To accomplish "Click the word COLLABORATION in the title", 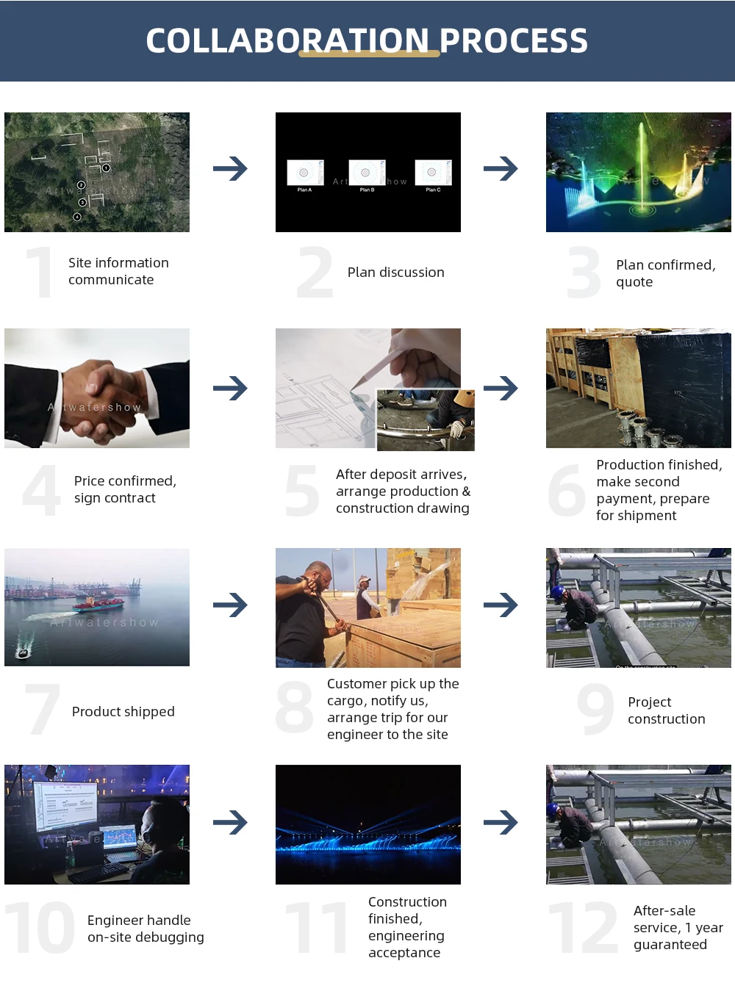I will click(287, 41).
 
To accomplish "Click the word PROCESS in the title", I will click(514, 41).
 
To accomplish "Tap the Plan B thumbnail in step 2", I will click(367, 173).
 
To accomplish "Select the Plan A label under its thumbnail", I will click(304, 190).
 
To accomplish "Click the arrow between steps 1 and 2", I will click(230, 169).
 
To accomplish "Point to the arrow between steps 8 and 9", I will click(501, 605).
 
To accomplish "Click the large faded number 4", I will click(41, 490).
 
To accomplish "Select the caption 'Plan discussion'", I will click(395, 273).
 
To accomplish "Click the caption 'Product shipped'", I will click(123, 712).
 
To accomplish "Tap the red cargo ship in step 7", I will click(98, 604).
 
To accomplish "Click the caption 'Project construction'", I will click(666, 710).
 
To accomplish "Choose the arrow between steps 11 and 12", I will click(501, 822).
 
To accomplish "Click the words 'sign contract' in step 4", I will click(115, 498).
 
